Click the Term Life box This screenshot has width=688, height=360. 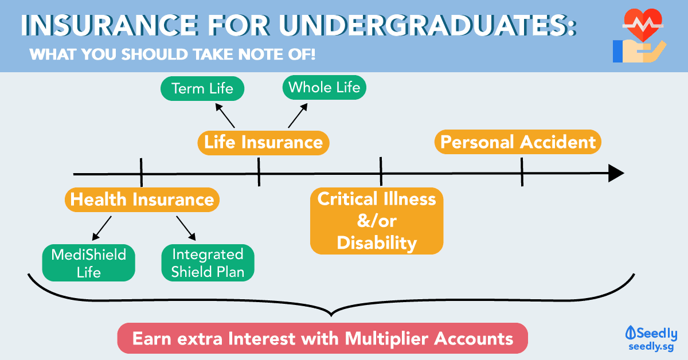click(x=202, y=89)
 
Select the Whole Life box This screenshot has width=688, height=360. click(x=325, y=88)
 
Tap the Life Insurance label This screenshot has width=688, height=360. click(x=263, y=142)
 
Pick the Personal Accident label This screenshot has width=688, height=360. click(x=518, y=142)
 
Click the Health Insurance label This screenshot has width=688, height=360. click(x=142, y=199)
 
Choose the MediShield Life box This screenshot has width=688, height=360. click(x=89, y=263)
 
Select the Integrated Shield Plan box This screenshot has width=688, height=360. click(x=208, y=263)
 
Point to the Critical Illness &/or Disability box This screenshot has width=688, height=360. click(x=377, y=221)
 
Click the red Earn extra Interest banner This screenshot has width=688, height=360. click(x=322, y=338)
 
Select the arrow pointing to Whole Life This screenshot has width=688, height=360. click(x=298, y=115)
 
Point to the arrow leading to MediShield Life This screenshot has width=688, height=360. click(x=101, y=228)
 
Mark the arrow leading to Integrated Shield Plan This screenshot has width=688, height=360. click(x=186, y=228)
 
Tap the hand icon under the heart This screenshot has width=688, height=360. click(x=636, y=51)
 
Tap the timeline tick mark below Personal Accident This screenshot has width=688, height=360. click(x=522, y=172)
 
